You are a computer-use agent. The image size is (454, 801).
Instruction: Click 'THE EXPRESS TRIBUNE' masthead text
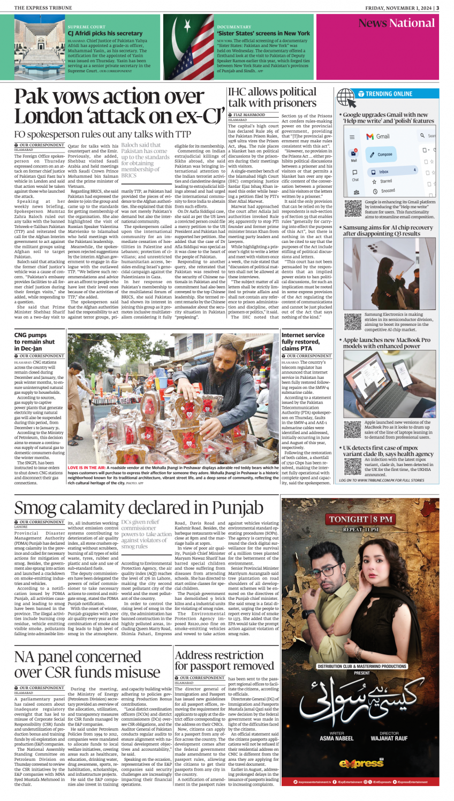coord(41,7)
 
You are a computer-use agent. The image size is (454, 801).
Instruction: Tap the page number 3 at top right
coord(437,7)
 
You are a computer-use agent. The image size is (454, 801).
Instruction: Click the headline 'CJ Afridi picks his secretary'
coord(105,33)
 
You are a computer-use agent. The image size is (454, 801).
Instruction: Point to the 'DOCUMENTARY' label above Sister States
coord(234,27)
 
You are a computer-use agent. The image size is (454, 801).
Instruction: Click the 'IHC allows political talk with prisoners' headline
coord(272,97)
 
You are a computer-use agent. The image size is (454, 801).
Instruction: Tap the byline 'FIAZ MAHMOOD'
coord(249,115)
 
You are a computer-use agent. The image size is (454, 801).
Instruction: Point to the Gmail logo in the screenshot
coord(378,136)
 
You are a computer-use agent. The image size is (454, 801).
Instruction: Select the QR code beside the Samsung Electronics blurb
coord(353,321)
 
